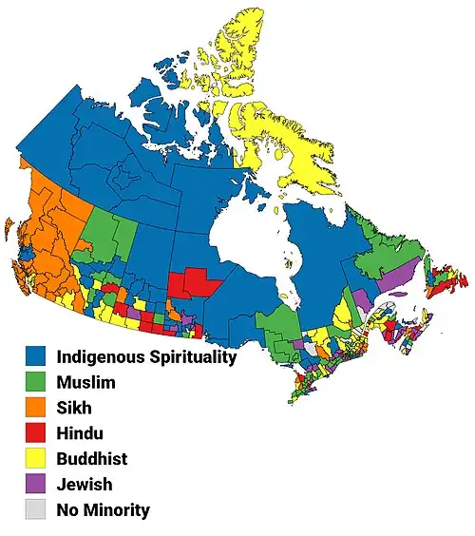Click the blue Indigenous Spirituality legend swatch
click(36, 357)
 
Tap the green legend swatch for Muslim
click(36, 383)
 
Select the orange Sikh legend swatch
click(36, 409)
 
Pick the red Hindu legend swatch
click(36, 434)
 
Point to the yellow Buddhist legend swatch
click(36, 459)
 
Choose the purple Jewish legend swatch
click(36, 485)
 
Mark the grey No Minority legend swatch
click(36, 510)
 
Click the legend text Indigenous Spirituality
click(146, 357)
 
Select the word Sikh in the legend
click(76, 409)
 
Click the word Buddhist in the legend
click(92, 459)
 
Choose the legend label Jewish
click(85, 485)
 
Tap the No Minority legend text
click(104, 510)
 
